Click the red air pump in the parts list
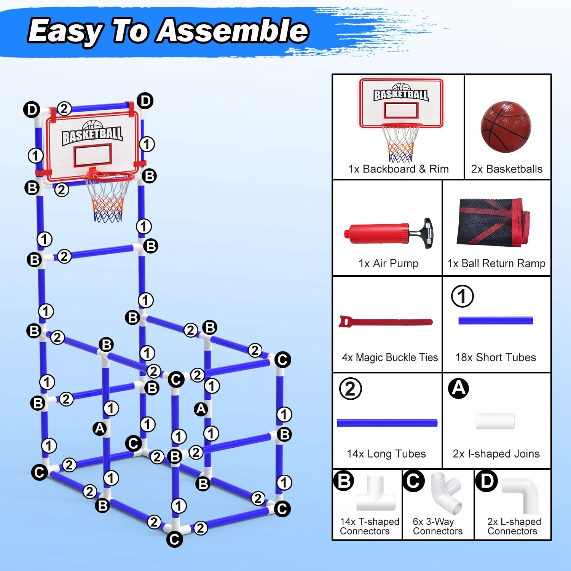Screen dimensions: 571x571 pos(381,232)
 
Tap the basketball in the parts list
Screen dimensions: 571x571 pos(506,127)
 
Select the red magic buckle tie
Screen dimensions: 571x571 pos(385,322)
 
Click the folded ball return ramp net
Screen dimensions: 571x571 pos(494,222)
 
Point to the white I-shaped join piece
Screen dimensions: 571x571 pos(495,421)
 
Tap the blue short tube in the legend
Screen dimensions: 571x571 pos(496,321)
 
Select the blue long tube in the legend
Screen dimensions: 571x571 pos(387,423)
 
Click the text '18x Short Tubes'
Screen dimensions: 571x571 pos(495,357)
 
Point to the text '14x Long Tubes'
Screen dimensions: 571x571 pos(386,454)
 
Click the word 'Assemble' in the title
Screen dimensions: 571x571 pos(233,31)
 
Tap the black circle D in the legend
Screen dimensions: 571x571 pos(486,481)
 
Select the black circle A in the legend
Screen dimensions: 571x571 pos(458,389)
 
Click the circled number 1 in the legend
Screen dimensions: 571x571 pos(462,296)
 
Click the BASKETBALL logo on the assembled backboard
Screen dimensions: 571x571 pos(93,134)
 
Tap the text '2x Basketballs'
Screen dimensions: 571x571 pos(507,169)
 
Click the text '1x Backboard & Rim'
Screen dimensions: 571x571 pos(398,169)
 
